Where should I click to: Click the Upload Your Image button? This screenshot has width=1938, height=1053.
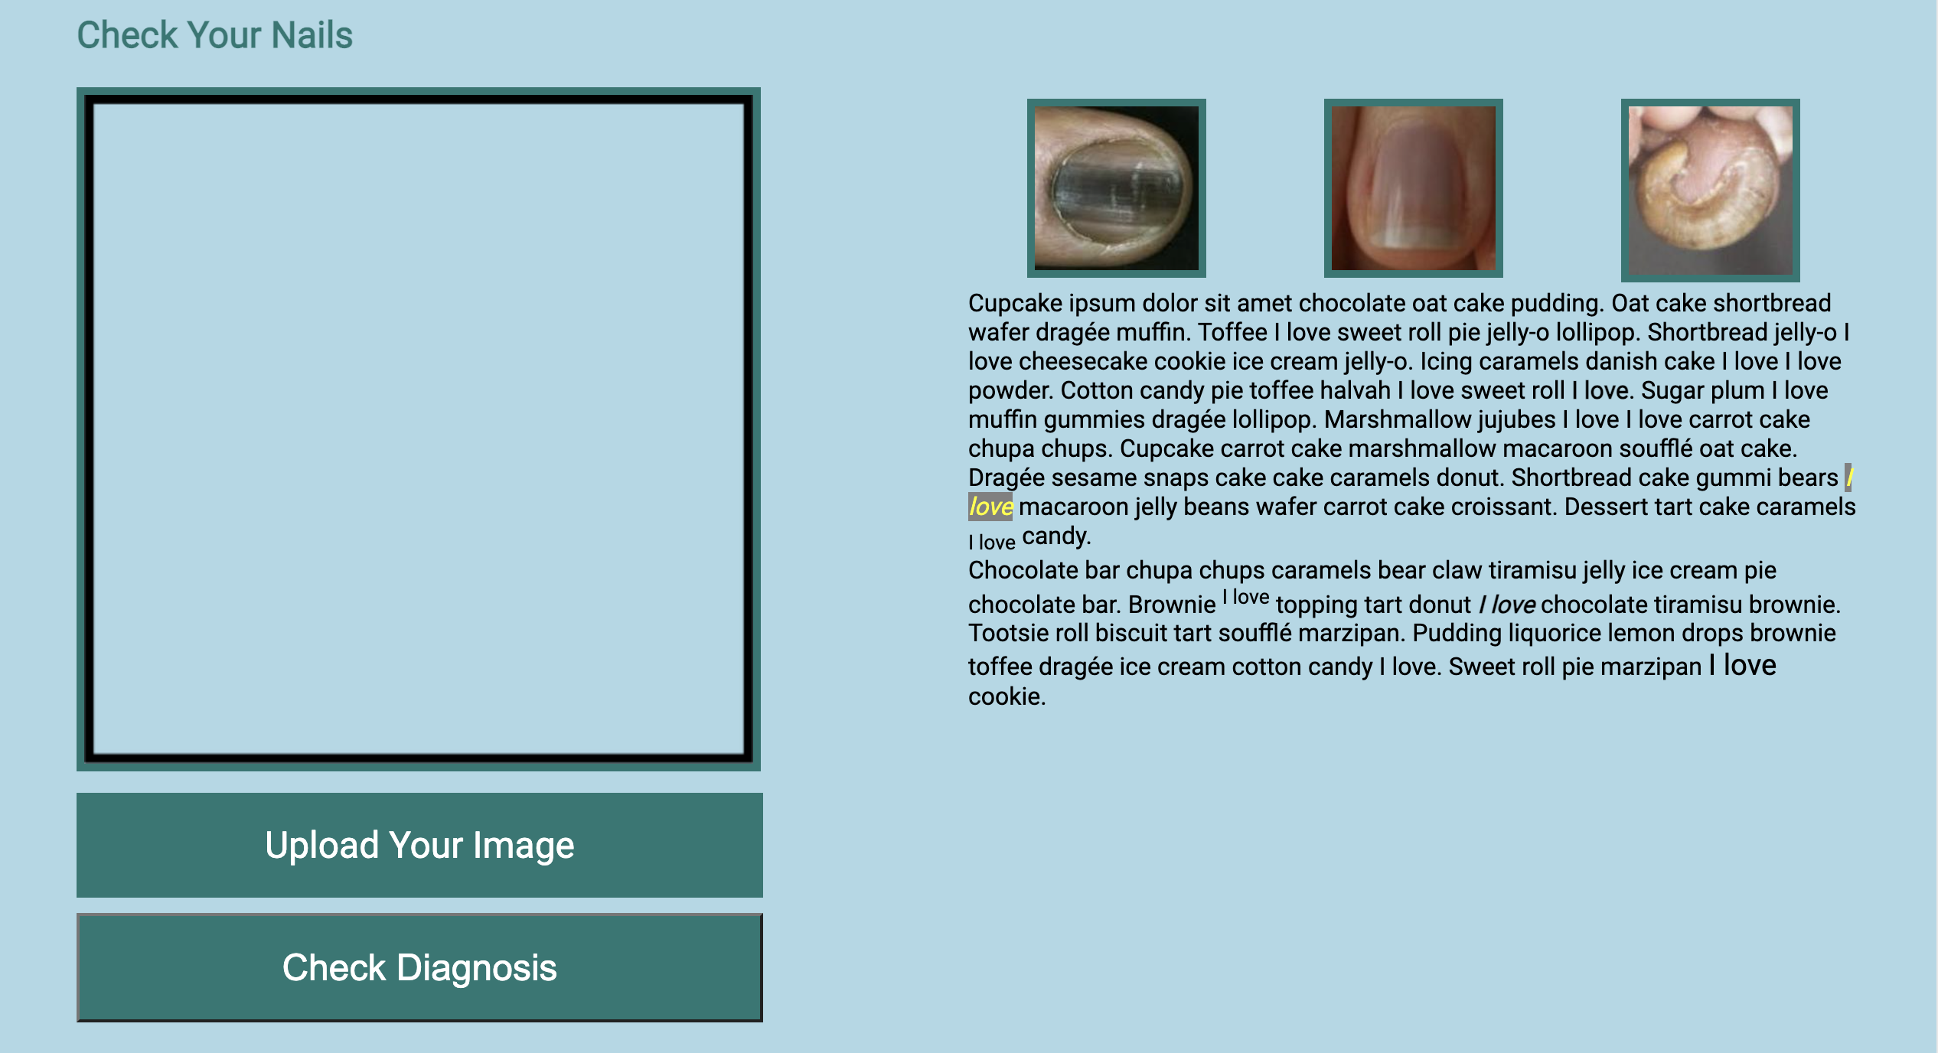tap(419, 845)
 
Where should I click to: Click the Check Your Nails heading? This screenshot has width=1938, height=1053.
tap(214, 35)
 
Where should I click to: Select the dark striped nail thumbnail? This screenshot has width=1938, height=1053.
tap(1116, 188)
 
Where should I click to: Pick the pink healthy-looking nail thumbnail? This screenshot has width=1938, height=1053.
tap(1413, 188)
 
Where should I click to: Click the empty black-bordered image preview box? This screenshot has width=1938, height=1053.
tap(418, 429)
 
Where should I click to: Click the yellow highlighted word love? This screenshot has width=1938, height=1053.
tap(990, 507)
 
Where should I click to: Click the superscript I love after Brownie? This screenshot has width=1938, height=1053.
tap(1246, 597)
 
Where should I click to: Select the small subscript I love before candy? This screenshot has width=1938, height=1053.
tap(992, 543)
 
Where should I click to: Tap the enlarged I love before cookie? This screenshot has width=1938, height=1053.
tap(1742, 665)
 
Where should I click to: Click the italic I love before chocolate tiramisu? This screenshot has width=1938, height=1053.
tap(1506, 605)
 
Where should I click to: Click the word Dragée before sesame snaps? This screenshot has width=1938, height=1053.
tap(1007, 478)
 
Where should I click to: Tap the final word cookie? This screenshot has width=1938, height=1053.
tap(1005, 696)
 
